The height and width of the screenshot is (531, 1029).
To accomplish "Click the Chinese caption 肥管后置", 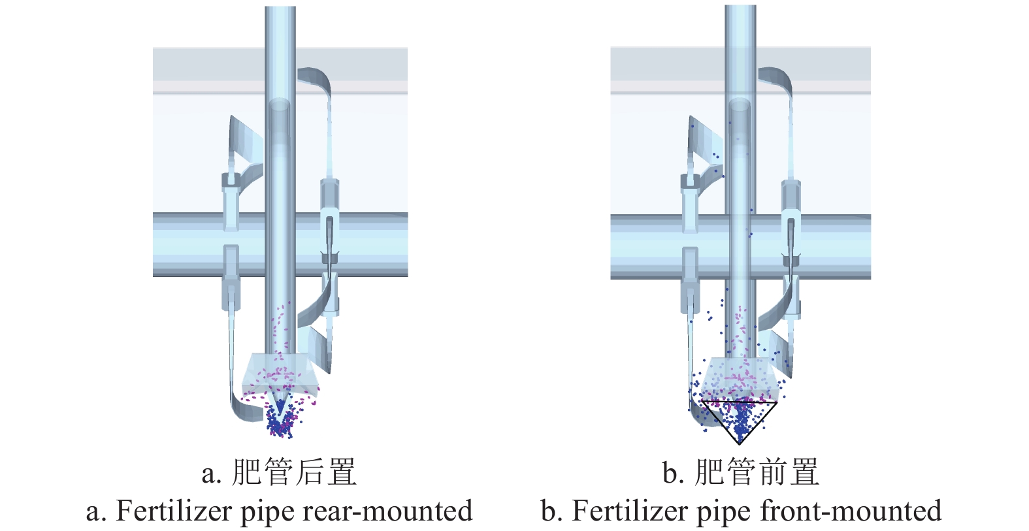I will point(294,472).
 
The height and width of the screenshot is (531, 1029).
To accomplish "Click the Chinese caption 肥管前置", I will point(757,472).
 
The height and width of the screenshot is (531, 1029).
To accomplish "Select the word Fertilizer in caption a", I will point(174,511).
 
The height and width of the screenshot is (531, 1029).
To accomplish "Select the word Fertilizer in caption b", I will point(630,511).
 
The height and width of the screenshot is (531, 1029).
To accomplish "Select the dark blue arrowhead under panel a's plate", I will point(280,406).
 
